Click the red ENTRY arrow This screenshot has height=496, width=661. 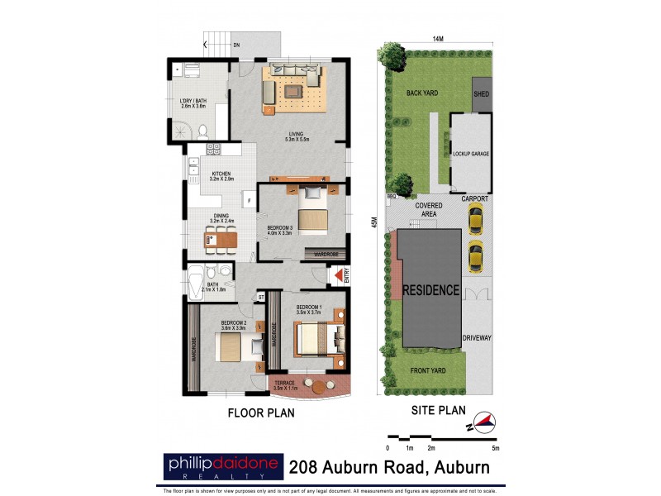338,276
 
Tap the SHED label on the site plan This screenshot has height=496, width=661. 481,94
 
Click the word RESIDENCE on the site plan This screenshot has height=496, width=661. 430,290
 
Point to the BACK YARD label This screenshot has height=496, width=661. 421,94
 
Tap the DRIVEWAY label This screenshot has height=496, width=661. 478,337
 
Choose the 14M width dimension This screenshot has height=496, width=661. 438,39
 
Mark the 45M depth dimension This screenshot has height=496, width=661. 373,221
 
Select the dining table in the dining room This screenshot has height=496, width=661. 221,240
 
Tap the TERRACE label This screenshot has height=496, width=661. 284,384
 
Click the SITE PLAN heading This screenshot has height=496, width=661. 438,409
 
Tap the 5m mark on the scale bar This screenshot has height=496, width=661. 494,447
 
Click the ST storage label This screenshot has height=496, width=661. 260,296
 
